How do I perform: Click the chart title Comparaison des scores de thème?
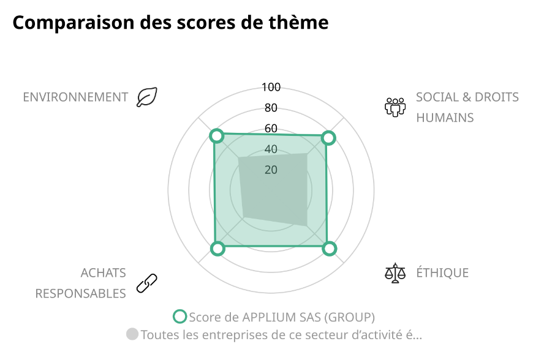point(170,23)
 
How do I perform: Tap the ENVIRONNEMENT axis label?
point(75,97)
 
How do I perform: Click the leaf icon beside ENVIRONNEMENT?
point(147,97)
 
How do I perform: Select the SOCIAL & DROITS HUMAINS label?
point(467,107)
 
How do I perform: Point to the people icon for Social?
point(395,107)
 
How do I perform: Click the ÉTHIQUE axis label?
point(442,273)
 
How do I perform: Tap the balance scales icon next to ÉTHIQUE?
point(395,272)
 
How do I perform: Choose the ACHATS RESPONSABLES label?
point(80,283)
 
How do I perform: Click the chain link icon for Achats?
point(147,282)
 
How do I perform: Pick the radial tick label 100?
point(271,87)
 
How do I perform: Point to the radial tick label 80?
point(271,108)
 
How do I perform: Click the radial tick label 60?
point(271,129)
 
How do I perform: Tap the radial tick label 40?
point(271,149)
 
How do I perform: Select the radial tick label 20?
point(271,170)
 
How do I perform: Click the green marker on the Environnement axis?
point(216,135)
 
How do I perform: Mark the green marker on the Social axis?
point(328,138)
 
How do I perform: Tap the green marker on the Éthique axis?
point(330,248)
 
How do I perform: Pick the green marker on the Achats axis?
point(217,248)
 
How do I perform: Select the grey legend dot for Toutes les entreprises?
point(132,334)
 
